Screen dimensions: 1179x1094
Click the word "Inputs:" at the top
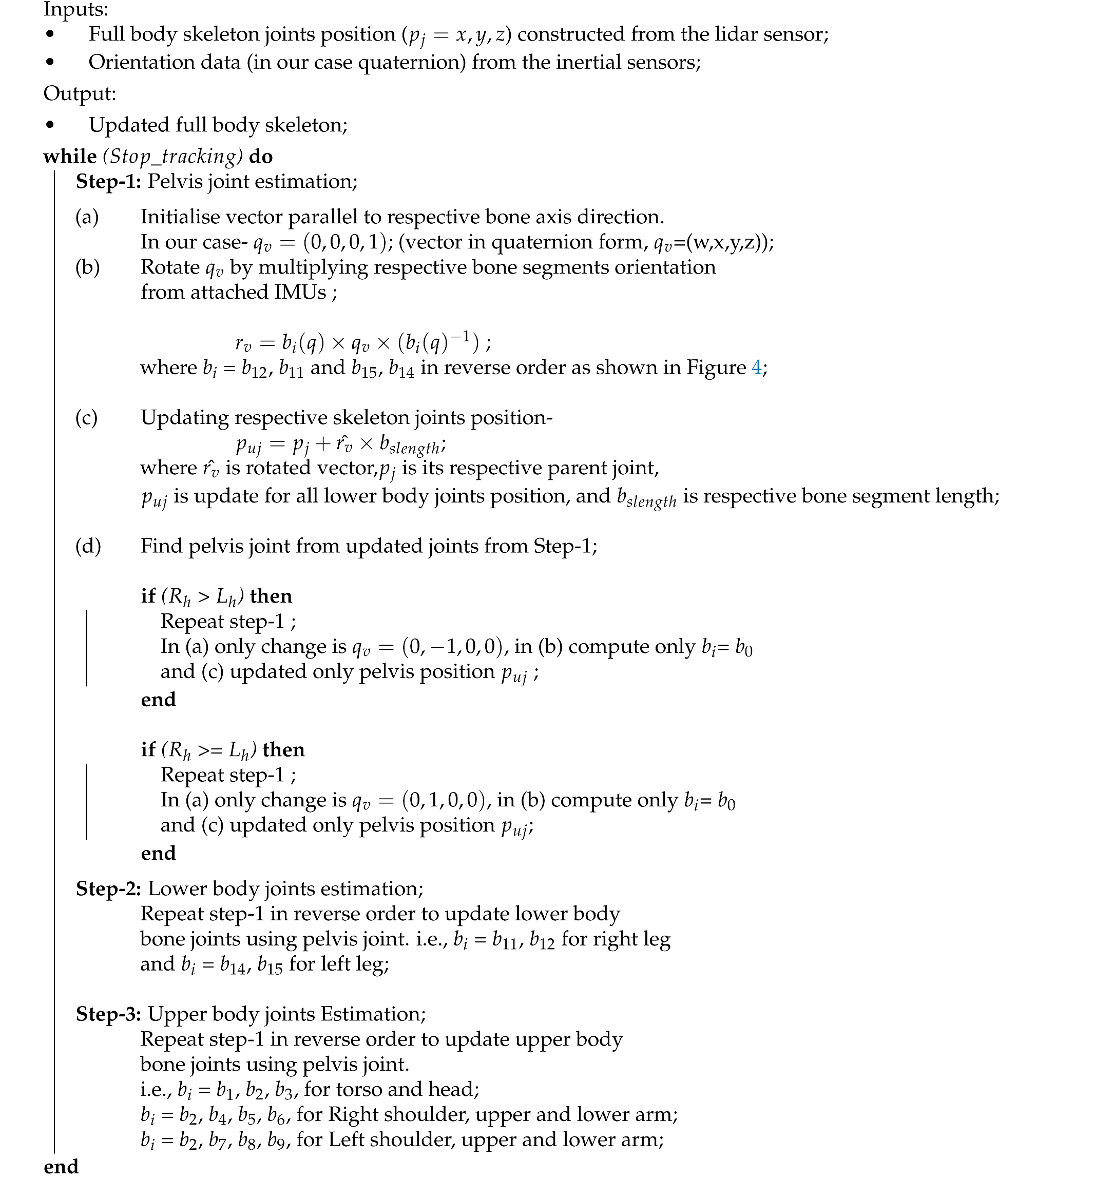76,9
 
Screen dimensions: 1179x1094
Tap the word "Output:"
80,93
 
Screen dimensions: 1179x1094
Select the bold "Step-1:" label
108,182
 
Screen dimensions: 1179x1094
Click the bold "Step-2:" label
108,889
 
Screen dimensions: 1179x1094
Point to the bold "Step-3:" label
108,1014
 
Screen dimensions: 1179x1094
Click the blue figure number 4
757,368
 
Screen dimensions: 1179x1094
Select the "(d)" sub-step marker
88,546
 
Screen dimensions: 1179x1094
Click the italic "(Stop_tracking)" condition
173,157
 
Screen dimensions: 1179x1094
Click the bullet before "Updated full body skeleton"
50,125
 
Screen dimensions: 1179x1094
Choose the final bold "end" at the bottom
61,1167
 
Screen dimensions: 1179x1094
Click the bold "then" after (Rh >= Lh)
283,750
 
